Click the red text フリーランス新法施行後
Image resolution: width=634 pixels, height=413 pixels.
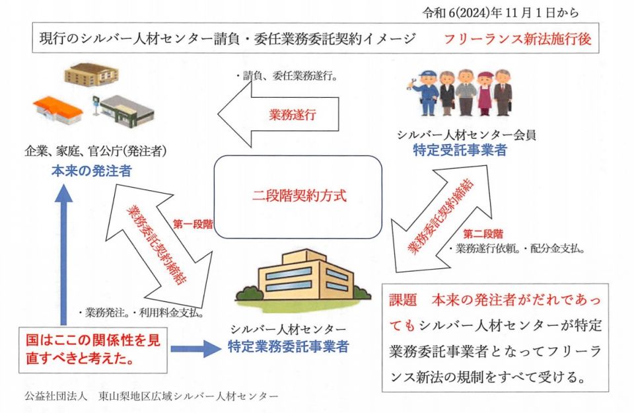coord(518,39)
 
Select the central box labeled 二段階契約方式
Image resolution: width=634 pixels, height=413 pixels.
coord(299,196)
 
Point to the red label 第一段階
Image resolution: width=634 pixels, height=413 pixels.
coord(193,224)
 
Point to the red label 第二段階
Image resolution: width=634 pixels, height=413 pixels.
coord(483,234)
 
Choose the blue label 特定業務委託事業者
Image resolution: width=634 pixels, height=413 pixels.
coord(288,345)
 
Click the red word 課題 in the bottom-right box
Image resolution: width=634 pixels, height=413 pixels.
coord(404,299)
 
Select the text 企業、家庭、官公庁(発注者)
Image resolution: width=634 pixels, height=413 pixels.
coord(96,151)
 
